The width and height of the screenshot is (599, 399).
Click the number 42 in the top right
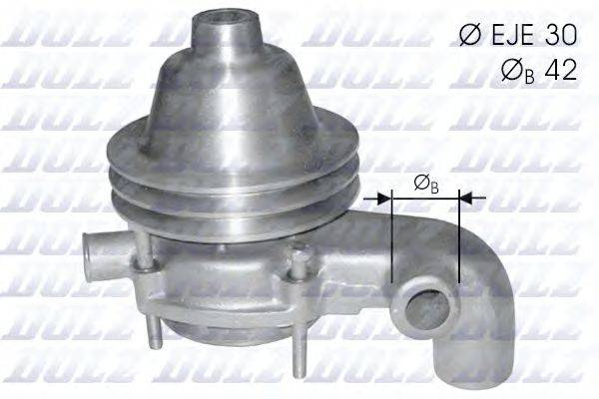[562, 72]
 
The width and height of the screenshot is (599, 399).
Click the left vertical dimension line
[395, 239]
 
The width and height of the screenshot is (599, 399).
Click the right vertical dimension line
[458, 239]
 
